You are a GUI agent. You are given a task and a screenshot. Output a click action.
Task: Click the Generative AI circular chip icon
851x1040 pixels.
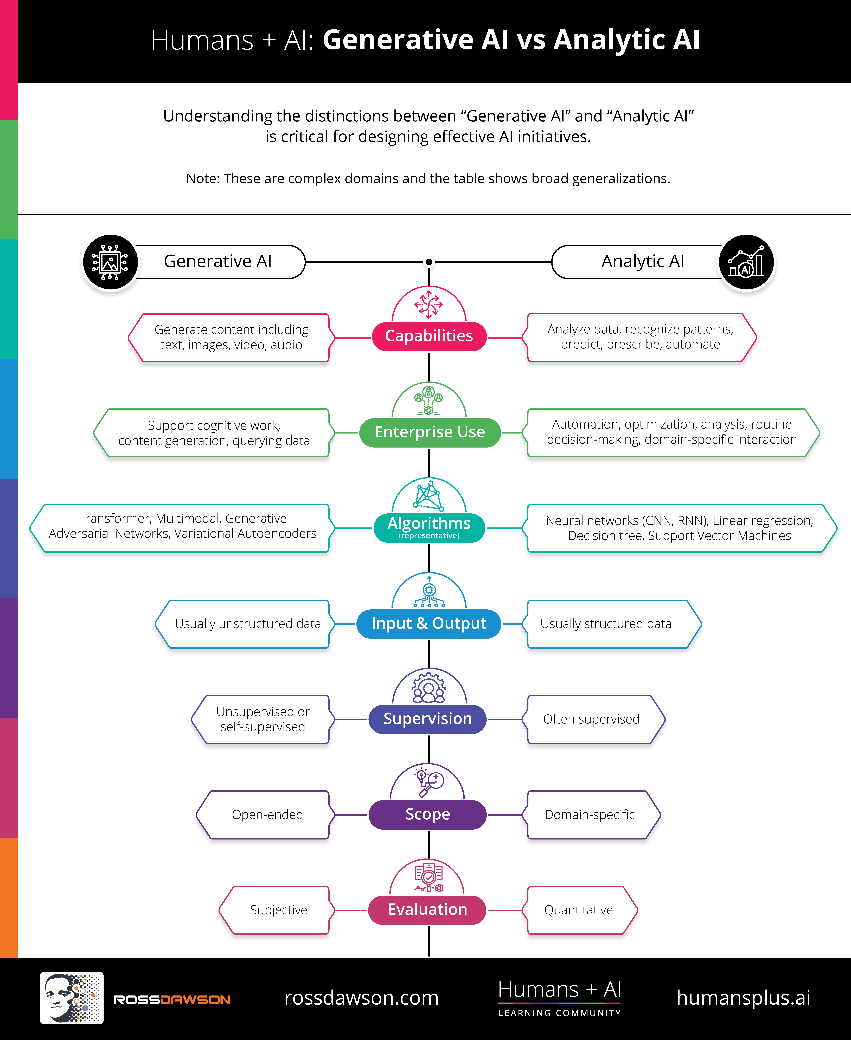[x=110, y=262]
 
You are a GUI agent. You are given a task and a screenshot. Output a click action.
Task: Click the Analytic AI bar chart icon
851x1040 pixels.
[x=746, y=262]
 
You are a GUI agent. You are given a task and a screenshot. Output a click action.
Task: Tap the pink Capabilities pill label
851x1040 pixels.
[x=429, y=336]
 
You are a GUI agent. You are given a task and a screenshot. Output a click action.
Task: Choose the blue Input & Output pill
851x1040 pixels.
[x=429, y=623]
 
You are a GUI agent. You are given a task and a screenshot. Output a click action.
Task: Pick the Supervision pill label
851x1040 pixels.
[x=427, y=719]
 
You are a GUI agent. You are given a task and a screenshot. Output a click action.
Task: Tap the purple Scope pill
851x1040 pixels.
[x=427, y=815]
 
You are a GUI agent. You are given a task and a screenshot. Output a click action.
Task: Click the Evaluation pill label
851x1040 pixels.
[x=427, y=910]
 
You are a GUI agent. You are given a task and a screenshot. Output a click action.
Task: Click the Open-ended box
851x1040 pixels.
[x=266, y=815]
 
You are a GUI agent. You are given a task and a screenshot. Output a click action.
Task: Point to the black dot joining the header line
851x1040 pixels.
[x=429, y=262]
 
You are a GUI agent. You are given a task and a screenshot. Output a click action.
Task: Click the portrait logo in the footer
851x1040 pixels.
[x=72, y=998]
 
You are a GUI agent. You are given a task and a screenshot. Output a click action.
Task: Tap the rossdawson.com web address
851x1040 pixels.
[x=361, y=998]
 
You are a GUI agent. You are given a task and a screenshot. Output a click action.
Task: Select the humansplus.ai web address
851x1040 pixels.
[x=743, y=998]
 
